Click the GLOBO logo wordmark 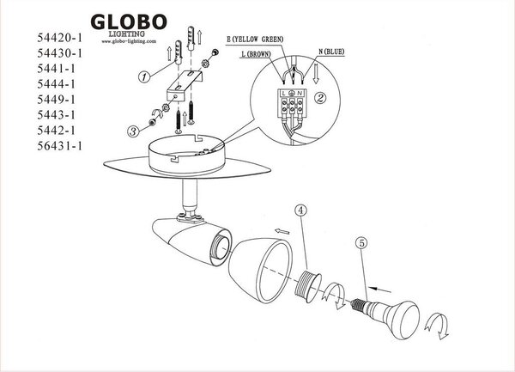coord(129,22)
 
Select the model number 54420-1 coord(59,38)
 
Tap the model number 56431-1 coord(59,145)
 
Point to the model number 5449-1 coord(56,100)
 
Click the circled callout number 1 coord(144,77)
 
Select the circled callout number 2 coord(320,98)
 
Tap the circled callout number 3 coord(133,131)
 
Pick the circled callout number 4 coord(301,210)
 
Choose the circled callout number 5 coord(361,243)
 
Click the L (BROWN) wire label coord(256,54)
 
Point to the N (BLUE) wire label coord(331,52)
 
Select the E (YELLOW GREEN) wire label coord(255,40)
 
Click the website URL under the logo coord(129,41)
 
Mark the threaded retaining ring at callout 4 coord(307,286)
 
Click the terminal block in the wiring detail coord(292,103)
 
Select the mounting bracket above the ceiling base coord(185,85)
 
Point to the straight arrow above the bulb coord(380,290)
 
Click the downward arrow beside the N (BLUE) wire coord(316,74)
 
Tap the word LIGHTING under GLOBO coord(127,34)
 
